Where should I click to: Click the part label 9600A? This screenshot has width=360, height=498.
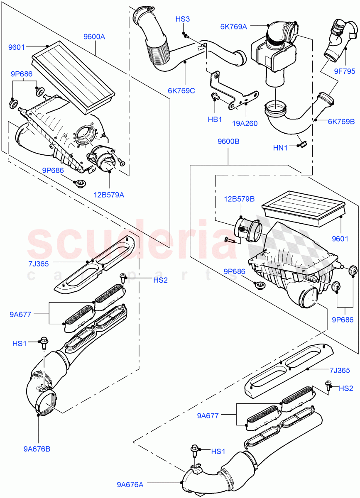tap(94, 37)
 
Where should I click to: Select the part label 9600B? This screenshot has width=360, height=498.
tap(228, 141)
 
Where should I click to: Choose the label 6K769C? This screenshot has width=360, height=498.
tap(181, 91)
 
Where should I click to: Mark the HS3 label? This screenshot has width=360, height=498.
tap(183, 19)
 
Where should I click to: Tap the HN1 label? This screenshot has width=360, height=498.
tap(281, 147)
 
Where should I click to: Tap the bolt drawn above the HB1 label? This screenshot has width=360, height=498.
tap(215, 98)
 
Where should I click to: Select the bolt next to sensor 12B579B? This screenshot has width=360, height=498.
tap(230, 239)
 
